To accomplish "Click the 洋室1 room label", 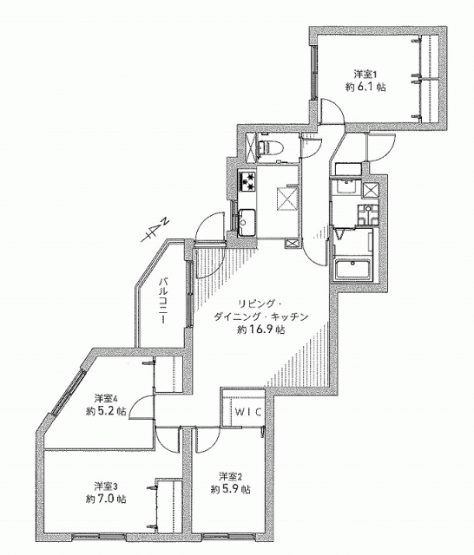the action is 365,75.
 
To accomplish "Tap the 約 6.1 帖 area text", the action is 365,87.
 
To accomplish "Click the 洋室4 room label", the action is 106,398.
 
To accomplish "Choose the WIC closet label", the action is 248,412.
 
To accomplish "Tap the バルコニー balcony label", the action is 163,300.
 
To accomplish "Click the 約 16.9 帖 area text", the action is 260,330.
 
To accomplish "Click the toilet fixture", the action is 272,147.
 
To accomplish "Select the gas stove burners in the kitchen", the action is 247,181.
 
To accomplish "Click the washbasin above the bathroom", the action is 346,186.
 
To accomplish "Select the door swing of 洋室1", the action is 332,112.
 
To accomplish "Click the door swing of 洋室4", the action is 142,408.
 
